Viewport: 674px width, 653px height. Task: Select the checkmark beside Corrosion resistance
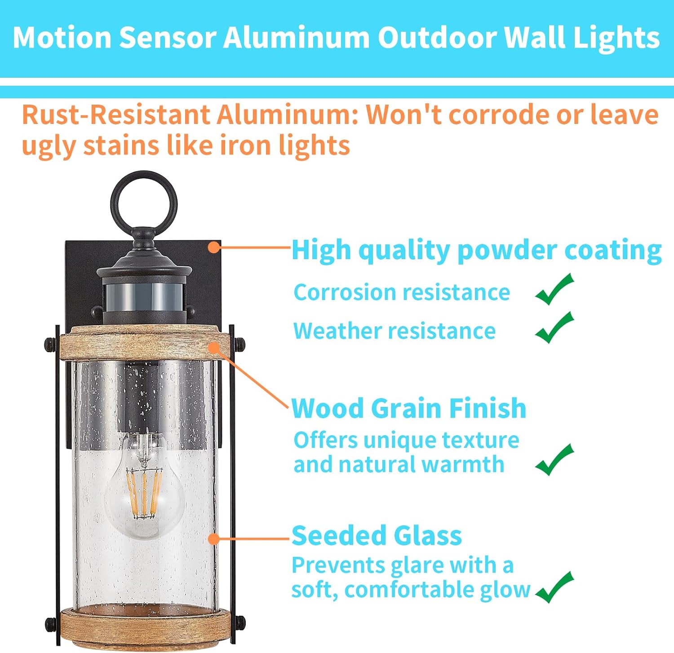click(554, 290)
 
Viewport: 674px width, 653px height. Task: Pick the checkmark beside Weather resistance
click(554, 328)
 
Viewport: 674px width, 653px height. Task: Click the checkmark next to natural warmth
click(554, 460)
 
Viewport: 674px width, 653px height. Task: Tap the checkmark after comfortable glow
click(554, 588)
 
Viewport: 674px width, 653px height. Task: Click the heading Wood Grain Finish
click(408, 409)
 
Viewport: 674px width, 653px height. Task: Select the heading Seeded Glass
click(377, 535)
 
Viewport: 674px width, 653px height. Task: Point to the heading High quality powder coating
click(476, 250)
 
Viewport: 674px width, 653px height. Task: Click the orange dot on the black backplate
click(215, 247)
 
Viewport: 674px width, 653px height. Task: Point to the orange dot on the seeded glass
click(214, 538)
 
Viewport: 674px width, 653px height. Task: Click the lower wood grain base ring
click(144, 627)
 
